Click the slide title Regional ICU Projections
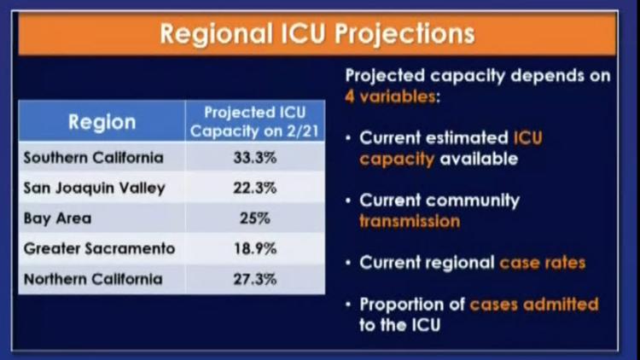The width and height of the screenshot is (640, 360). coord(317,33)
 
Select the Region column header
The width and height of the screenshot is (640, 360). coord(102,122)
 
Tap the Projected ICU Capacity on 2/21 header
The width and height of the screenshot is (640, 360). coord(254,122)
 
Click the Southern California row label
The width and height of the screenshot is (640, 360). coord(94,158)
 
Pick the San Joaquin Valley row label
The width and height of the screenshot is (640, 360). coord(94,189)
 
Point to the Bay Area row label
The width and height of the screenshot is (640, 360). coord(57,218)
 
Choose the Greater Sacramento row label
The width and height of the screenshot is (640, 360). coord(99,248)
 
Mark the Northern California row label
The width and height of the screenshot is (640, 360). coord(93,279)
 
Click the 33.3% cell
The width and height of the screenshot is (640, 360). coord(255,158)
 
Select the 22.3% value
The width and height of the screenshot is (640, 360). coord(255,189)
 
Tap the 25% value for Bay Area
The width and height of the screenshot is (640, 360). coord(255,218)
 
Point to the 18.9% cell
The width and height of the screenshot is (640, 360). coord(255,248)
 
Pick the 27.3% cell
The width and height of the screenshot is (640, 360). coord(255,279)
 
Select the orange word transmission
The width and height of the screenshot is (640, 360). coord(410,221)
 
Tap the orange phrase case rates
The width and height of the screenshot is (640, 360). coord(543,263)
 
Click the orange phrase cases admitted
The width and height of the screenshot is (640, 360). coord(534,305)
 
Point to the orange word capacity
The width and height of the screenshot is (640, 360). coord(397,160)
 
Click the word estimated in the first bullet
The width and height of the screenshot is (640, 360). coord(467,138)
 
